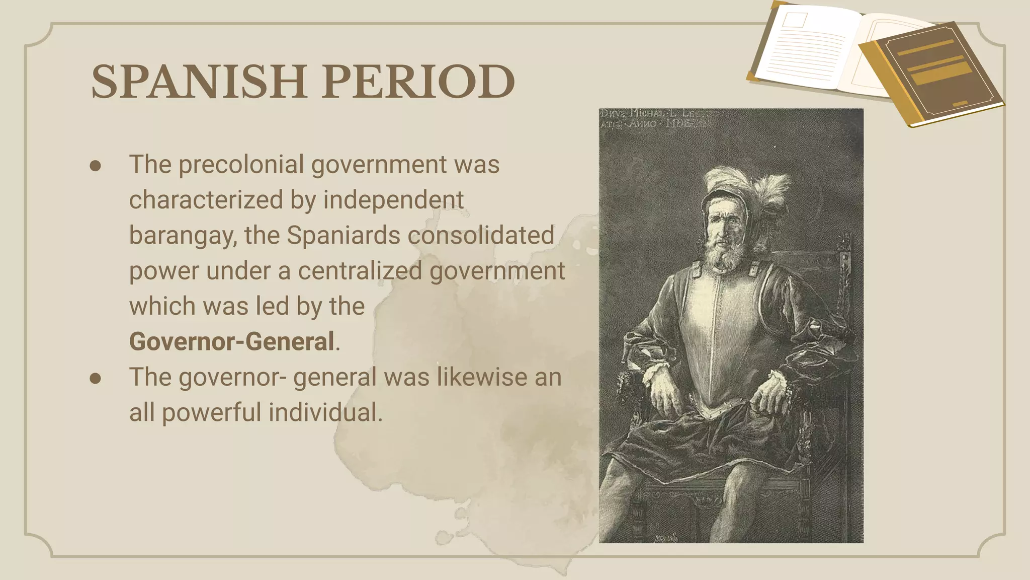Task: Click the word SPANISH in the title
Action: coord(199,82)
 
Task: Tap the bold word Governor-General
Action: coord(232,341)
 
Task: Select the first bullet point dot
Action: coord(96,166)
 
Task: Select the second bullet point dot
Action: coord(96,378)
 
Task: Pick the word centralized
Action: coord(360,271)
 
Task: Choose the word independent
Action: coord(393,200)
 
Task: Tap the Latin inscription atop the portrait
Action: coord(654,119)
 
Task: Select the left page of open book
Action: coord(805,48)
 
